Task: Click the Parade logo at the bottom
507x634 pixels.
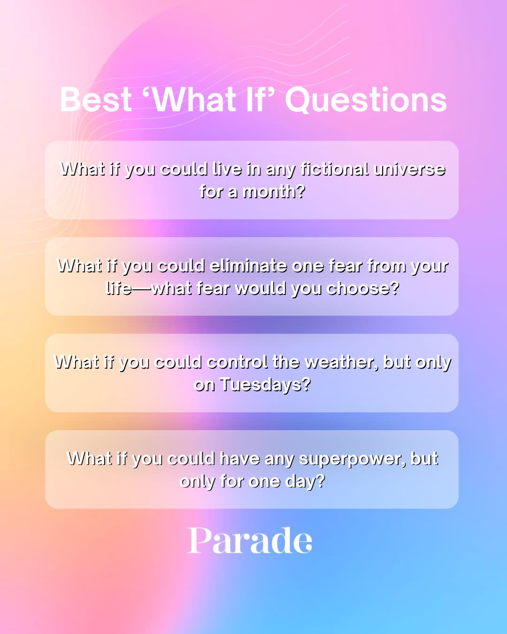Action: pyautogui.click(x=250, y=541)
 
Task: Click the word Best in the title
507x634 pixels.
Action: pyautogui.click(x=96, y=100)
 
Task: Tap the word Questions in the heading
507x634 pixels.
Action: pyautogui.click(x=366, y=100)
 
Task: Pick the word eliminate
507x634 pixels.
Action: pyautogui.click(x=248, y=266)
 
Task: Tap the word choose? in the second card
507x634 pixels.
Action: pyautogui.click(x=362, y=288)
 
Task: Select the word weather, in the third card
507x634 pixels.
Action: pyautogui.click(x=341, y=362)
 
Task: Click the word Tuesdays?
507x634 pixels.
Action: pyautogui.click(x=265, y=385)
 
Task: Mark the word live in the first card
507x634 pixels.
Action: pyautogui.click(x=227, y=169)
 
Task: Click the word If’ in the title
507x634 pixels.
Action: pyautogui.click(x=260, y=100)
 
